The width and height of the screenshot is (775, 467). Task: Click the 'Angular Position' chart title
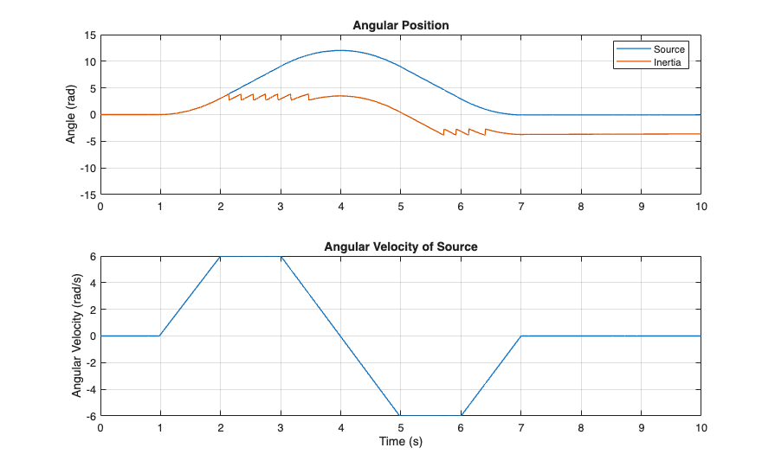tap(400, 25)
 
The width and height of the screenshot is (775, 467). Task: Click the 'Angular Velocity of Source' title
tap(400, 246)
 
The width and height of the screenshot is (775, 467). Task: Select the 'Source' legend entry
tap(668, 49)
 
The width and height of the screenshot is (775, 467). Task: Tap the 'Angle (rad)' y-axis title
tap(73, 114)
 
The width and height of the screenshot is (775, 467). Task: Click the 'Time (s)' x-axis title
tap(400, 441)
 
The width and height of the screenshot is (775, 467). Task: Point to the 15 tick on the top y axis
tap(89, 35)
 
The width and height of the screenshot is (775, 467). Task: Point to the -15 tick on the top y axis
tap(87, 194)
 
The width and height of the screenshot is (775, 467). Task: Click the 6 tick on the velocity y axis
tap(93, 257)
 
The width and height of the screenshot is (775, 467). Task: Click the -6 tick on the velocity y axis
tap(90, 415)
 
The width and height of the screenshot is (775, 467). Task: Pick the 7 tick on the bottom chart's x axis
tap(520, 427)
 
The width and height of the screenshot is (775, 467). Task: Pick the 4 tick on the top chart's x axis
tap(340, 206)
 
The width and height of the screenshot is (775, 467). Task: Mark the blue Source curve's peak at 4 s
tap(340, 50)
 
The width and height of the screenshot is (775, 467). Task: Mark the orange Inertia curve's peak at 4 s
tap(340, 96)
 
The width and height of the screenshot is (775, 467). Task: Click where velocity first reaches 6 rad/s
tap(221, 257)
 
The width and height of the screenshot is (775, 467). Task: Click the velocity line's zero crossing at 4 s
tap(340, 336)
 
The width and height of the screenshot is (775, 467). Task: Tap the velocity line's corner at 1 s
tap(160, 336)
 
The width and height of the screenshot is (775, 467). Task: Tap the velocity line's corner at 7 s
tap(520, 336)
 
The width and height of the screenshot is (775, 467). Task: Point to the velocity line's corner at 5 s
tap(400, 415)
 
